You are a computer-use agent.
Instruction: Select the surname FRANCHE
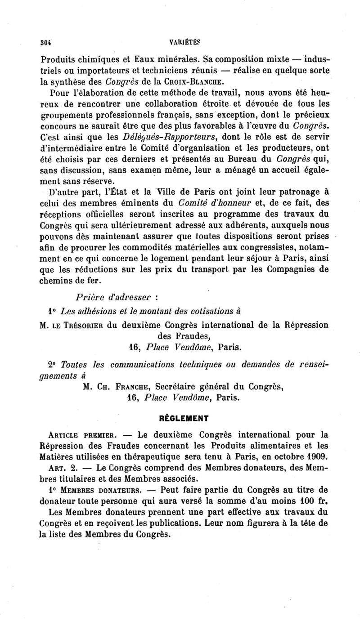pos(127,386)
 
